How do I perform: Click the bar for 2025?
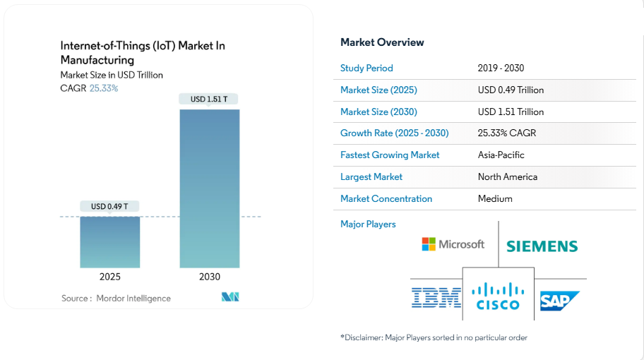109,241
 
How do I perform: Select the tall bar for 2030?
209,188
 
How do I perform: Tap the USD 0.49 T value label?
109,207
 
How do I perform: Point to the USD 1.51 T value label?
209,100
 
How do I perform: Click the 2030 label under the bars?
209,277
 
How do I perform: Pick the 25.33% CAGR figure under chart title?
104,88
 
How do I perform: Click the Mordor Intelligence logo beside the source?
230,297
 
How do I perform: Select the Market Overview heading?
382,42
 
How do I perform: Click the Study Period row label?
366,68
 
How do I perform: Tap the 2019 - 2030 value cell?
501,68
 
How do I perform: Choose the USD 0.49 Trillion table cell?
511,90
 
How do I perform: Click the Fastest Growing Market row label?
390,155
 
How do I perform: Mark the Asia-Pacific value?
501,155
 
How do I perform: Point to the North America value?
507,177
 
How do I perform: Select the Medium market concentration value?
495,199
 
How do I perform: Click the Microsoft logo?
453,244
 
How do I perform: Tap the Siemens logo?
542,246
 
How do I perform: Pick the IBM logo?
436,297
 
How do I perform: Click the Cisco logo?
498,296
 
